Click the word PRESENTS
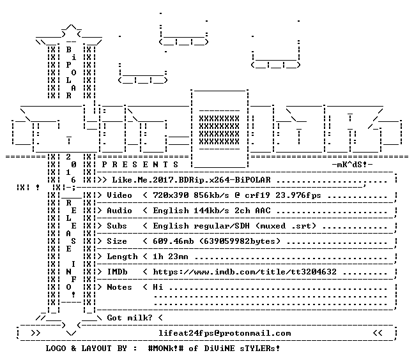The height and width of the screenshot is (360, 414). [140, 165]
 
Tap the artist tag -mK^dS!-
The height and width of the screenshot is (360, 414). [352, 165]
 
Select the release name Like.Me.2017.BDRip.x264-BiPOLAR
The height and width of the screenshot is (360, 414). [192, 180]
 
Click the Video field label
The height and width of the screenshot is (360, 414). [119, 195]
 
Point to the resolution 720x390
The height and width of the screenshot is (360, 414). [171, 195]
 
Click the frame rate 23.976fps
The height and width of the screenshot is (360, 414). [298, 195]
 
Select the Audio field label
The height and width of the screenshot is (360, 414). [119, 211]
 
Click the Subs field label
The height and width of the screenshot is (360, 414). [117, 226]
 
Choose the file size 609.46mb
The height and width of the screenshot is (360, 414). [173, 241]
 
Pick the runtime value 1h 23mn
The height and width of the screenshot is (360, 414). [171, 257]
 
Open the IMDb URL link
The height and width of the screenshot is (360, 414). [245, 272]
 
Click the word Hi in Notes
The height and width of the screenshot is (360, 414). [158, 287]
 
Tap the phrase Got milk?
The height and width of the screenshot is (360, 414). [130, 318]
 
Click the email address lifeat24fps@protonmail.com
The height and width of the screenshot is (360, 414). [225, 333]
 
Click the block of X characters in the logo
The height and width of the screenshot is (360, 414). [219, 130]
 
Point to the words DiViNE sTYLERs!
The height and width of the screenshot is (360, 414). [242, 349]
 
